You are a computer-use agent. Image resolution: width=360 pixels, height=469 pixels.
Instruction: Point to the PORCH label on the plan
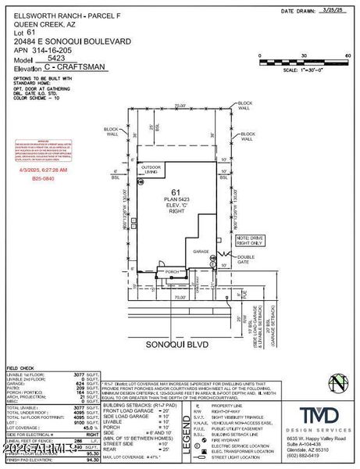171,272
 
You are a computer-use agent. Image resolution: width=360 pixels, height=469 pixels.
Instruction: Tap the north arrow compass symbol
337,384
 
